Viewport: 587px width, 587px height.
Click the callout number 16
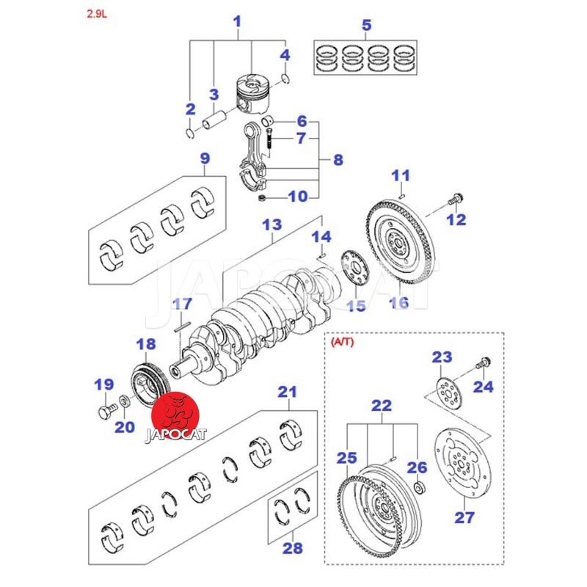[398, 302]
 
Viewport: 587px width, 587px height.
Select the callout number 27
[464, 518]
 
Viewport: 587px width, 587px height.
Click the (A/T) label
[343, 342]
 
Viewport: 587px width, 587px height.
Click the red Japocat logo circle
[175, 413]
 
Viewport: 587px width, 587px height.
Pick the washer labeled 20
[125, 401]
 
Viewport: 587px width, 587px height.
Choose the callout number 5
[366, 26]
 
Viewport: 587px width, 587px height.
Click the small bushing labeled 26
[418, 489]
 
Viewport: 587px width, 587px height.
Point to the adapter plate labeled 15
[354, 269]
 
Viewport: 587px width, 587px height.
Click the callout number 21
[286, 393]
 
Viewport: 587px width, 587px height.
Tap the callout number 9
[204, 158]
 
